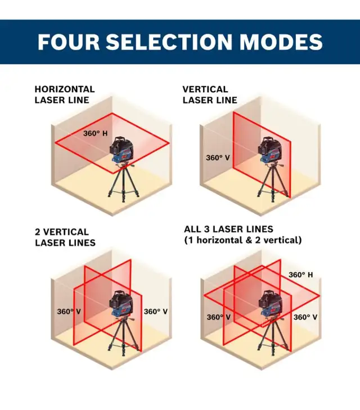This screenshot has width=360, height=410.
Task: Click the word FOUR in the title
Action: (66, 42)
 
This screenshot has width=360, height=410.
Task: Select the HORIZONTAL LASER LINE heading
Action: (64, 94)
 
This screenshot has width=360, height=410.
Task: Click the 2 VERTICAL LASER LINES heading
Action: (65, 237)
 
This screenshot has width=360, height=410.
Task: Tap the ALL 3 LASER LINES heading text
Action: (228, 229)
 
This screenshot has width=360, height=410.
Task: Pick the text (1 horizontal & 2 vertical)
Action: (243, 240)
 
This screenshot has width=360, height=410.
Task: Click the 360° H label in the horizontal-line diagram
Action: (96, 134)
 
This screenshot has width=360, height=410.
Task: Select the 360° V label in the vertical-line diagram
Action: (217, 158)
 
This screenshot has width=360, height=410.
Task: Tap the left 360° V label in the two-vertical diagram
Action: (69, 312)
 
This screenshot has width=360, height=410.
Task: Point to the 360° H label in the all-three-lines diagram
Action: (301, 275)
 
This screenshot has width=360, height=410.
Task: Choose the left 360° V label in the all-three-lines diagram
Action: (219, 317)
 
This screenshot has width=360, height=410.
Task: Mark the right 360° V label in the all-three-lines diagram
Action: (305, 317)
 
